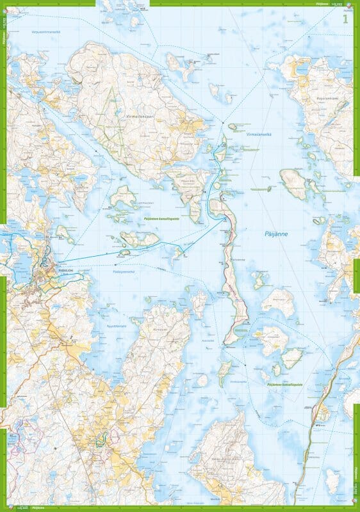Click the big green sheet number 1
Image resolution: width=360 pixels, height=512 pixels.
(347, 19)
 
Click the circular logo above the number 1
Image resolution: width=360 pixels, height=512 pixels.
(347, 6)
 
